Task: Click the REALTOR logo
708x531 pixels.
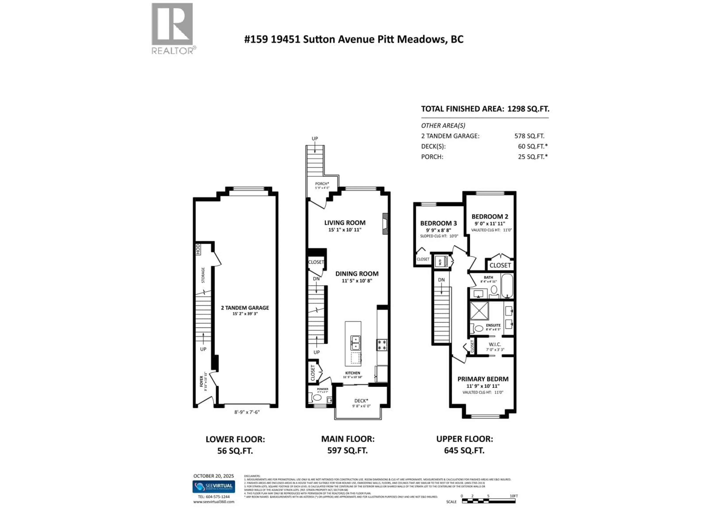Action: tap(172, 28)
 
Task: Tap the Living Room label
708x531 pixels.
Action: tap(345, 223)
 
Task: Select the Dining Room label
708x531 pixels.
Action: tap(357, 274)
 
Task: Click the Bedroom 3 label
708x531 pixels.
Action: tap(438, 223)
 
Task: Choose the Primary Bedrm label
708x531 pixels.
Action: tap(483, 379)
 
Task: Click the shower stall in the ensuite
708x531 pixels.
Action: tap(479, 310)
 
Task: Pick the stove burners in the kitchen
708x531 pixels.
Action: tap(382, 345)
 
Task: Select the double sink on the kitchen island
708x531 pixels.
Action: tap(355, 343)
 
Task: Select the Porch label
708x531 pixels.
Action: tap(322, 184)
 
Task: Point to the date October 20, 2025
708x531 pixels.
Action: tap(214, 476)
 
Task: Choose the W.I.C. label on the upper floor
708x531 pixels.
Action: tap(494, 344)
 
